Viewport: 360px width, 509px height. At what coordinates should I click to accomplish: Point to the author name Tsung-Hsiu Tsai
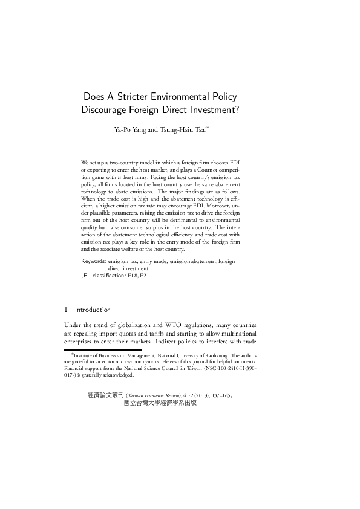click(182, 129)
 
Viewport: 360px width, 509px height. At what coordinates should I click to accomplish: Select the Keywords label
click(93, 261)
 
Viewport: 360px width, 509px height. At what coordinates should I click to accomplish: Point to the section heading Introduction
click(93, 310)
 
